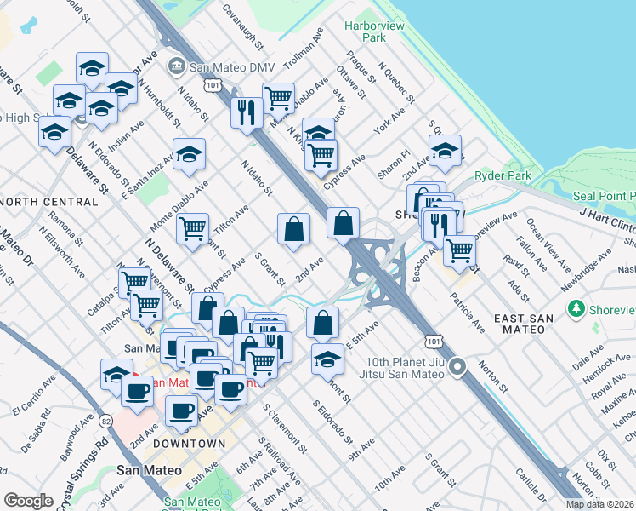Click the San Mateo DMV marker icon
pyautogui.click(x=177, y=66)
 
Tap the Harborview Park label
pyautogui.click(x=366, y=32)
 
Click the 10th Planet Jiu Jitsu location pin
pyautogui.click(x=458, y=367)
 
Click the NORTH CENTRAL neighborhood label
pyautogui.click(x=49, y=202)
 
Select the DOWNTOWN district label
pyautogui.click(x=190, y=444)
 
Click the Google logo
pyautogui.click(x=28, y=501)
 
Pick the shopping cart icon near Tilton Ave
pyautogui.click(x=193, y=227)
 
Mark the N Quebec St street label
pyautogui.click(x=394, y=81)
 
